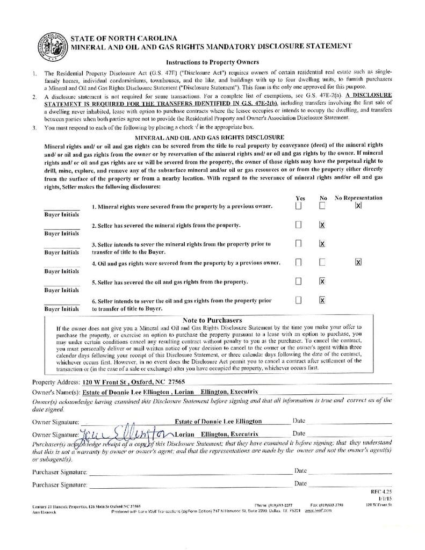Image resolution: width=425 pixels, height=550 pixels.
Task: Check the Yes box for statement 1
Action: pos(298,206)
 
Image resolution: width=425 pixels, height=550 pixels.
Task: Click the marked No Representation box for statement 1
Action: pos(358,205)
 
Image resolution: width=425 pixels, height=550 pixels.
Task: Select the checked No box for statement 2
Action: pos(322,225)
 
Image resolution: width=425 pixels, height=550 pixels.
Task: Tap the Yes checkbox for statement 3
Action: pos(298,243)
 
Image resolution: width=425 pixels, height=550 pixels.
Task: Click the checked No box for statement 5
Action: pos(322,281)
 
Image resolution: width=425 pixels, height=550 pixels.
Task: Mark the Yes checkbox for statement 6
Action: pos(298,300)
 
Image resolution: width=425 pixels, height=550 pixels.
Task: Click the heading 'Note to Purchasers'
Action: pos(212,320)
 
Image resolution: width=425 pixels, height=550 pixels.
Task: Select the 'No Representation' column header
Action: pos(358,198)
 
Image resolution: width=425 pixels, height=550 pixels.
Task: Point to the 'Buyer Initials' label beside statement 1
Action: pos(61,214)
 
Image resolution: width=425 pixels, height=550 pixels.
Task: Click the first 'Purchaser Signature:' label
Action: pos(59,472)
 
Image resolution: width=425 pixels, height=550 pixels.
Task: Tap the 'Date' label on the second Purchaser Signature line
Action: pos(300,484)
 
